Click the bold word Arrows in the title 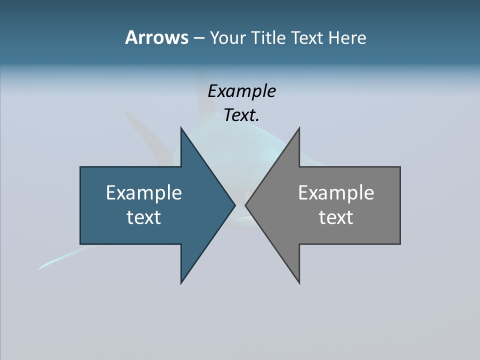point(156,37)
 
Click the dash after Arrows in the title point(198,38)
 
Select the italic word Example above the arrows point(242,91)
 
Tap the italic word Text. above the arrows point(242,115)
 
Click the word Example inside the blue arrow point(144,192)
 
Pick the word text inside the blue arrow point(144,217)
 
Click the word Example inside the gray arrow point(336,192)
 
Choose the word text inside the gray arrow point(336,217)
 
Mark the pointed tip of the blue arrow point(235,205)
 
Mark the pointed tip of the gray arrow point(245,205)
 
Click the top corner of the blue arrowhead point(181,128)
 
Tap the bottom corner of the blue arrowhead point(181,283)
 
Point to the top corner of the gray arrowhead point(299,128)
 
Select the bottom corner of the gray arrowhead point(299,283)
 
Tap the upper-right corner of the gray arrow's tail point(400,167)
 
